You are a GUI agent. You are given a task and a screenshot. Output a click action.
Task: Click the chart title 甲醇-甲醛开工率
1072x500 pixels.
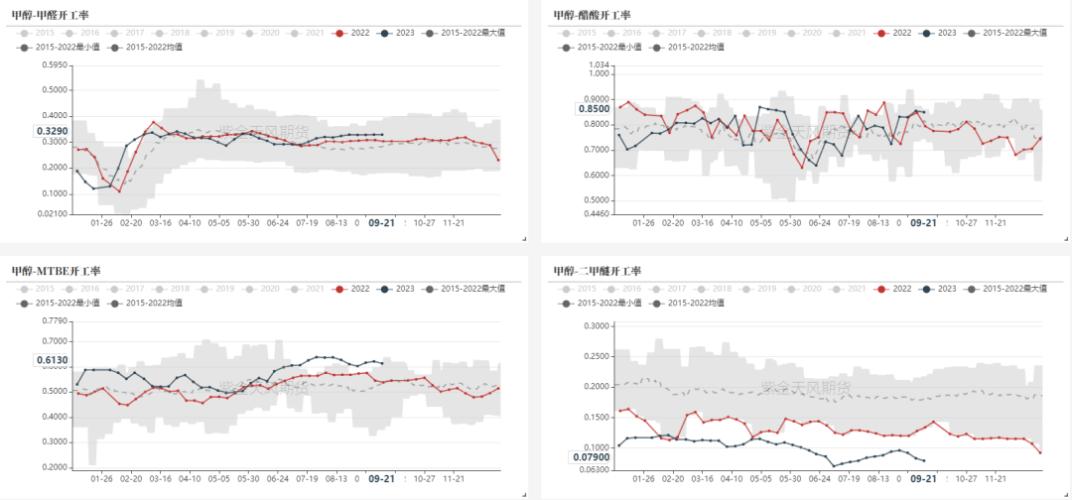[x=56, y=15]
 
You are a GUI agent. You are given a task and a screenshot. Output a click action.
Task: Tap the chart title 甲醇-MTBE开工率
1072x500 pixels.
[x=56, y=271]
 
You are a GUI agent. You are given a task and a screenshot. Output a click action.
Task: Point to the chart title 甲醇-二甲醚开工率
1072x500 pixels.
[x=600, y=271]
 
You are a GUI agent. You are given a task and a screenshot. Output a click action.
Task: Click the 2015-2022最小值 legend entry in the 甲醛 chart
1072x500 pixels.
[x=64, y=47]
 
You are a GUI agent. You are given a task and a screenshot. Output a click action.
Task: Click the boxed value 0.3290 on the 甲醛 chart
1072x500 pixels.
[x=52, y=131]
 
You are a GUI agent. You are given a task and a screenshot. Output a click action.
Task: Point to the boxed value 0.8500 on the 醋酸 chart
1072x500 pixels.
[x=593, y=109]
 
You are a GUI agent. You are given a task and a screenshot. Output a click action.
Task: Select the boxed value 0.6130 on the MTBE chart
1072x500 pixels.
[x=52, y=361]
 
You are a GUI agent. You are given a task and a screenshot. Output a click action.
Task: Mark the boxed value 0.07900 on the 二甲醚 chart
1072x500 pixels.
[x=591, y=457]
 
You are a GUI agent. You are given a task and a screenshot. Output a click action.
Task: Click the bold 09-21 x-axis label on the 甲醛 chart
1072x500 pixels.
[x=381, y=223]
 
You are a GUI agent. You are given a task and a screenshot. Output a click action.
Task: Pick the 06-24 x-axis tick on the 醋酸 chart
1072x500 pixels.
[x=819, y=223]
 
